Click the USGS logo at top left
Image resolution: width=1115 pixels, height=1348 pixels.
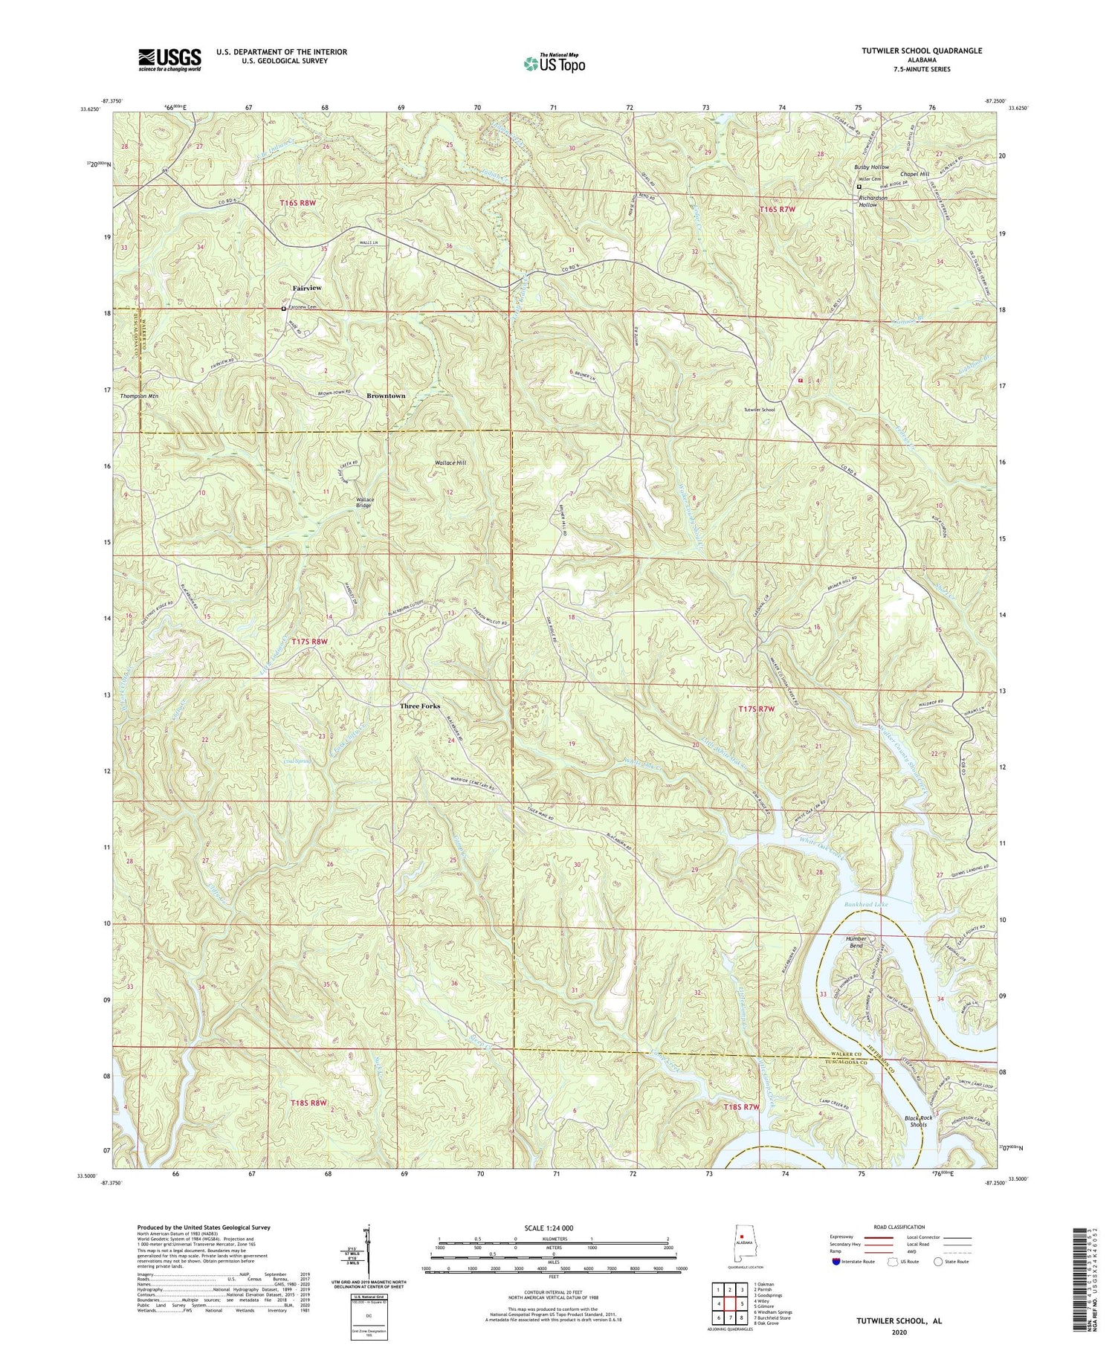point(169,59)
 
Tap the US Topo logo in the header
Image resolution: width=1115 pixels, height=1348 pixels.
point(554,63)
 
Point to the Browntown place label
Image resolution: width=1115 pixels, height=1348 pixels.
point(386,396)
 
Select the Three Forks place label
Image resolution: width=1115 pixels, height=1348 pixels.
point(420,706)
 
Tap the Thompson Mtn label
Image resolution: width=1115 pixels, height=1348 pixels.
point(139,396)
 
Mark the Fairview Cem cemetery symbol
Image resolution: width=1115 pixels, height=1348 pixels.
point(283,309)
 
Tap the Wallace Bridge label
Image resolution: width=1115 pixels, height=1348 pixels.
point(364,503)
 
